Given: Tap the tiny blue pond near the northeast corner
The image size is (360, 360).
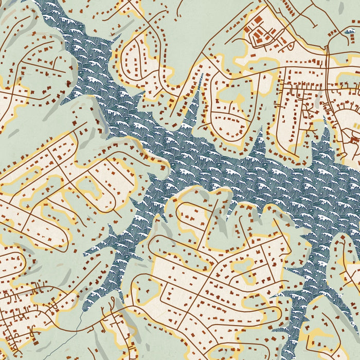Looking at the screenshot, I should [x=350, y=32].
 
